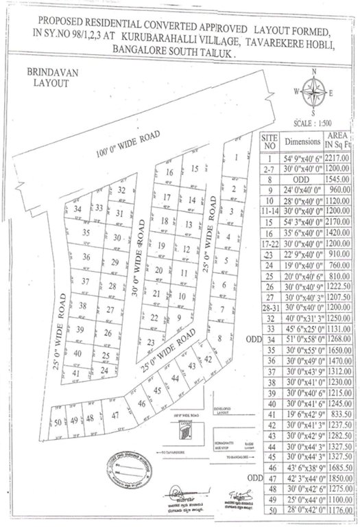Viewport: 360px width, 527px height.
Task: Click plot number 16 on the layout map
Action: click(x=169, y=173)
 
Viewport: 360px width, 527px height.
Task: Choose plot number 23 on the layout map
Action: click(x=149, y=341)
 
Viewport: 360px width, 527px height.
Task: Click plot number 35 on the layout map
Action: click(x=86, y=233)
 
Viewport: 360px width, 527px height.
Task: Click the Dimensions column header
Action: click(x=302, y=142)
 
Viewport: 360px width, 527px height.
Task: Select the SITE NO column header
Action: click(x=269, y=142)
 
